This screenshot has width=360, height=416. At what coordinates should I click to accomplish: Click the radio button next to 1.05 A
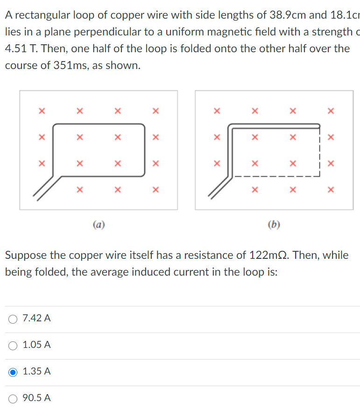pyautogui.click(x=13, y=345)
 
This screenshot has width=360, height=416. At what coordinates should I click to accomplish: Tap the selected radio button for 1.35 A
pyautogui.click(x=13, y=372)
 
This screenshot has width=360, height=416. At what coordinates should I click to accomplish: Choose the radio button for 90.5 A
pyautogui.click(x=13, y=398)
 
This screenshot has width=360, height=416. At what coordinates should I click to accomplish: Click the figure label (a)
pyautogui.click(x=99, y=225)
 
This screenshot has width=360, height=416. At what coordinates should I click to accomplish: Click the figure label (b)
pyautogui.click(x=274, y=225)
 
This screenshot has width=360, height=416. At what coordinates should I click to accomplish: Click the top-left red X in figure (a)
pyautogui.click(x=42, y=111)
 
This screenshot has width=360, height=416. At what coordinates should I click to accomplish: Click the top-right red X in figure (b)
pyautogui.click(x=331, y=111)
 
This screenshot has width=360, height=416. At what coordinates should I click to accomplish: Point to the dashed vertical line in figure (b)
pyautogui.click(x=319, y=154)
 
